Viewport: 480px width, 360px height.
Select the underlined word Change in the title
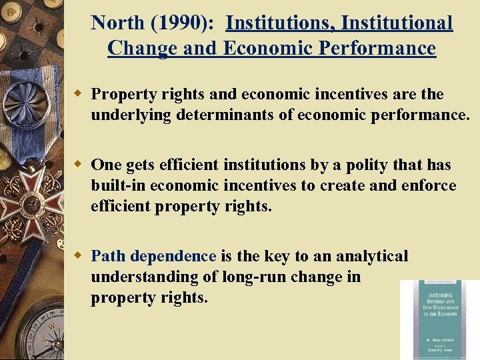[x=135, y=49]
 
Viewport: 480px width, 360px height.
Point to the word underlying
[x=131, y=115]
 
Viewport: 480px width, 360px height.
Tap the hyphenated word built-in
[x=118, y=185]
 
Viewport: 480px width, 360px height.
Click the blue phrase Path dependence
[x=153, y=256]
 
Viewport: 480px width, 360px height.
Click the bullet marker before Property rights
[x=79, y=94]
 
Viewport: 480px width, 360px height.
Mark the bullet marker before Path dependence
[x=79, y=256]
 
